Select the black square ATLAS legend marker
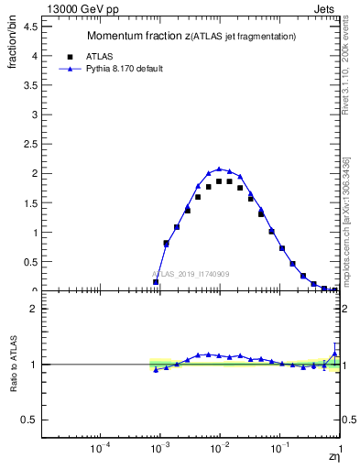68,55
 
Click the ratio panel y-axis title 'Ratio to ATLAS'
12,364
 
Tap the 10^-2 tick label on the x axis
219,450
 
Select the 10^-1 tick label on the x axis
279,450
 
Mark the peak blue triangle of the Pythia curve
219,169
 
